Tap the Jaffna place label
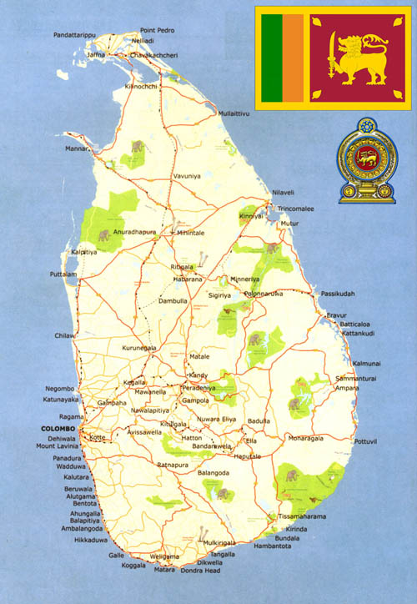[x=97, y=54]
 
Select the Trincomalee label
[x=296, y=209]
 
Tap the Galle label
[x=116, y=555]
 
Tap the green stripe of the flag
[x=271, y=58]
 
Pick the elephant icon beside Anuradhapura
[x=104, y=236]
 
